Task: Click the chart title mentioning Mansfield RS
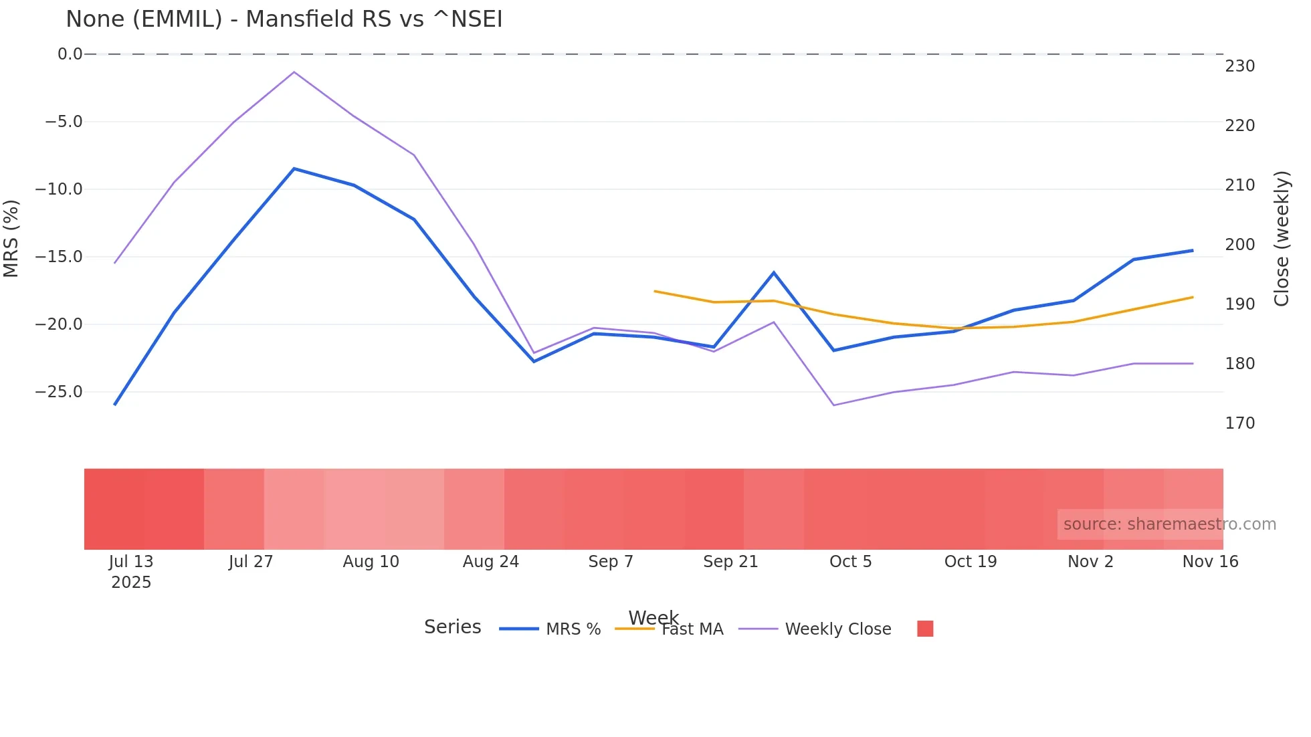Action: tap(284, 19)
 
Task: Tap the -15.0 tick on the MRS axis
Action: tap(59, 257)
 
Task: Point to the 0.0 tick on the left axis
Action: tap(70, 54)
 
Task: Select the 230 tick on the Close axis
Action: tap(1239, 66)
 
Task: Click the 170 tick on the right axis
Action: tap(1239, 423)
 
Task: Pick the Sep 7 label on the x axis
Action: tap(610, 562)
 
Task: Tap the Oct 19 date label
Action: tap(970, 562)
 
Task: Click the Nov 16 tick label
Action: tap(1209, 562)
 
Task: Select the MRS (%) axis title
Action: tap(11, 238)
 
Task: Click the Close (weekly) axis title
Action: tap(1282, 239)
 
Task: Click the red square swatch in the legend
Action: tap(925, 629)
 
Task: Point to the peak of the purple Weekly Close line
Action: tap(294, 72)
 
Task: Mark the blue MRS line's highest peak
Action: tap(294, 169)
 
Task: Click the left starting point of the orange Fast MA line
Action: tap(654, 291)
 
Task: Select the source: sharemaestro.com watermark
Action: tap(1169, 524)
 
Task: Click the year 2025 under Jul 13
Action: tap(131, 583)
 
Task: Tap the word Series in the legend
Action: tap(452, 627)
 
